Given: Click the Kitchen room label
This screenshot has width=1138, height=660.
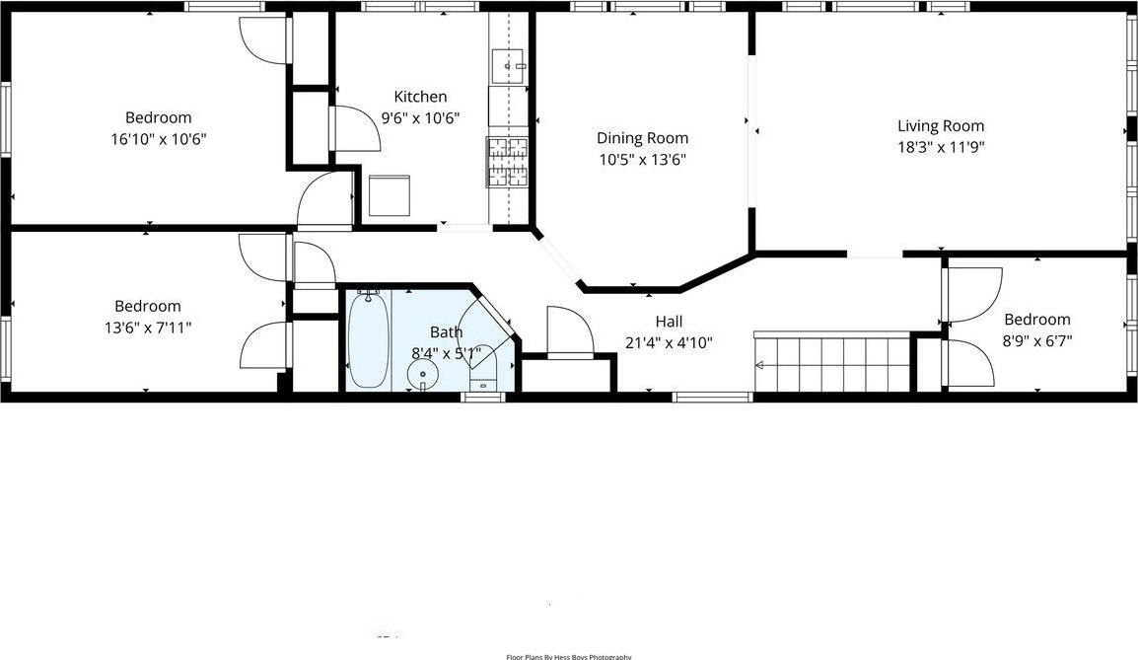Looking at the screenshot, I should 420,97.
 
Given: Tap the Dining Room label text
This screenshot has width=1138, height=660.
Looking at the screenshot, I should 642,138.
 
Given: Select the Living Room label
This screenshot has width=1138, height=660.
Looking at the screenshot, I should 940,125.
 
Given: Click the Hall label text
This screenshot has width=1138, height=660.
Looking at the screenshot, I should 669,322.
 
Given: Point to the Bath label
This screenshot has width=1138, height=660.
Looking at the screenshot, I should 446,332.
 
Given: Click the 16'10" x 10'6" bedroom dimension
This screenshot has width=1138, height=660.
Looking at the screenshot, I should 158,139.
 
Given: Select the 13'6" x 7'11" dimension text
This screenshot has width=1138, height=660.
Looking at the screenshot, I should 147,327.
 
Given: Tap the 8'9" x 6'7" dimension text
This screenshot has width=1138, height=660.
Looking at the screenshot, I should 1036,340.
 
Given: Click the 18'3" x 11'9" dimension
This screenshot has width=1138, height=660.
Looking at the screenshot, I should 940,147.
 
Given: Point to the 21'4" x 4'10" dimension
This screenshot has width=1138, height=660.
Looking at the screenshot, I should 669,343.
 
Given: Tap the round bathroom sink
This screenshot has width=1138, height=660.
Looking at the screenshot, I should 423,374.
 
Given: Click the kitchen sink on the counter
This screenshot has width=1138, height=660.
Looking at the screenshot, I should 509,65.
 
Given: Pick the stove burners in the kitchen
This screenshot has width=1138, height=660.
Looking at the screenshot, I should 507,162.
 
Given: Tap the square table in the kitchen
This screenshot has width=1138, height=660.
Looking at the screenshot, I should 389,195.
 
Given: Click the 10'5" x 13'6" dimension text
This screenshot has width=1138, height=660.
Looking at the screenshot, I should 642,160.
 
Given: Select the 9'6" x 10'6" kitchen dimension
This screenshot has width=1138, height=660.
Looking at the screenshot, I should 420,118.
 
